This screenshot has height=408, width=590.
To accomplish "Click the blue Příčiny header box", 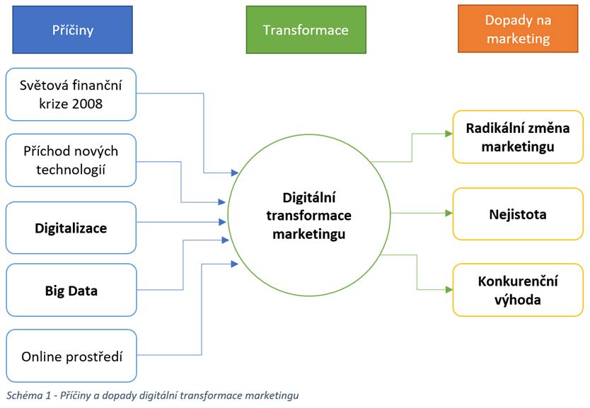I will tap(72, 30).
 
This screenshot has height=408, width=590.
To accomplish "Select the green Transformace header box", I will tap(306, 30).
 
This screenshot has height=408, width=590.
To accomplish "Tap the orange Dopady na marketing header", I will tap(518, 30).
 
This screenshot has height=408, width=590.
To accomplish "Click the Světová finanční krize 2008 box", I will tap(71, 95).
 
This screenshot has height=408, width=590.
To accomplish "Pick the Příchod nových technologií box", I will tap(71, 160).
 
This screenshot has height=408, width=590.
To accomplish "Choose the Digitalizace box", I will tap(71, 228).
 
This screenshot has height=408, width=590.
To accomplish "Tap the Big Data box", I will tap(71, 290).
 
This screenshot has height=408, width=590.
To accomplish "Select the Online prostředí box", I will tap(71, 356).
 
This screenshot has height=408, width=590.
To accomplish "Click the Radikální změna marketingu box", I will tap(518, 137).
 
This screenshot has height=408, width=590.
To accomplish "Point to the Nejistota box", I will tap(518, 214).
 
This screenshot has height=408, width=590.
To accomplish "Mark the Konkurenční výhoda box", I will tap(518, 290).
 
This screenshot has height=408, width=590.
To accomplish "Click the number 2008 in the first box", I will tap(85, 104).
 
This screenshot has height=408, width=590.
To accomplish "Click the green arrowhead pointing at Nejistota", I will tap(448, 213).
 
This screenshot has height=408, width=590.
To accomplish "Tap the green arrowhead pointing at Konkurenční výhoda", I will tap(448, 289).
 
